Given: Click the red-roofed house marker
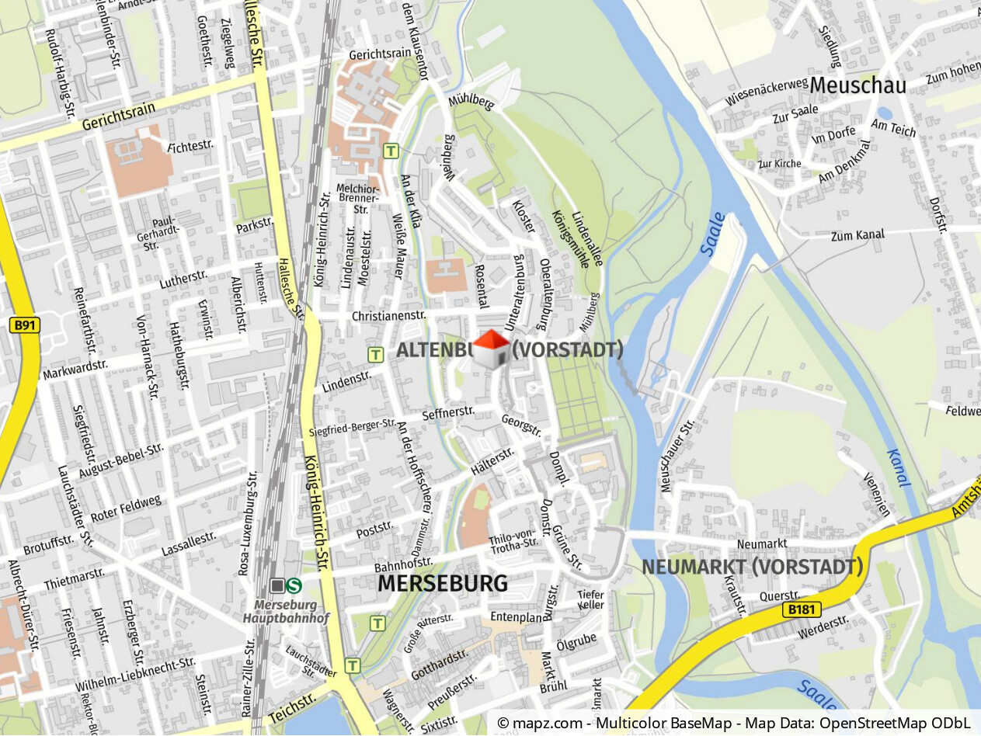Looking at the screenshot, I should [491, 349].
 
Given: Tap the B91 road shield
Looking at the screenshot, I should [25, 325].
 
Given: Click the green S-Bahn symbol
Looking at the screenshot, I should [294, 585].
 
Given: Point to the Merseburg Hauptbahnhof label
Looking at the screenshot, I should [286, 612].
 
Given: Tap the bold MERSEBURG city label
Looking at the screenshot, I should [443, 584].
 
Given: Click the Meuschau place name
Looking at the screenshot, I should [858, 85].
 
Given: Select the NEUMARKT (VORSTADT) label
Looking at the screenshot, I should [752, 567].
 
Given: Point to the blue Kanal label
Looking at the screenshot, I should [897, 468].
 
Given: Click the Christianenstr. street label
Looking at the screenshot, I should [389, 316].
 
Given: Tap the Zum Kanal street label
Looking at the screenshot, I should [858, 235].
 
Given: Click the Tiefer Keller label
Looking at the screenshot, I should [590, 599].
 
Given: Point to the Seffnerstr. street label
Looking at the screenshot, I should [448, 415].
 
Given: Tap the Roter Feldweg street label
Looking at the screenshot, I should [127, 509].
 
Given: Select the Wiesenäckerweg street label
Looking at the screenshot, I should [767, 92].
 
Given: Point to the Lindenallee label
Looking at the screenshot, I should [586, 238].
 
